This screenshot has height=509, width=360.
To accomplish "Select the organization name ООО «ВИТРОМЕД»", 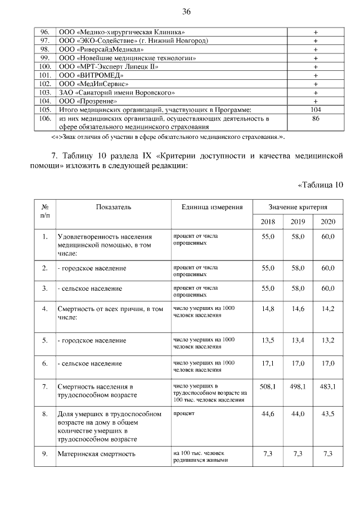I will click(91, 75).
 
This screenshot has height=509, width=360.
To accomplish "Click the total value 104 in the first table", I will click(316, 110).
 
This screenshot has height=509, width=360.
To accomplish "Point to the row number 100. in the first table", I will click(46, 66).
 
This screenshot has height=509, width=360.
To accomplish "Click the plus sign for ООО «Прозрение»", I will click(316, 101).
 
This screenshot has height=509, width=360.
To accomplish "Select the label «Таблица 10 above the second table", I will click(319, 184).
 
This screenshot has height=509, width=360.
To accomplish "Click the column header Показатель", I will click(114, 207).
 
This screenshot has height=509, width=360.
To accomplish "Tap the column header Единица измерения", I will click(212, 207).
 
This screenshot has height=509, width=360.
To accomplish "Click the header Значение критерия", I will click(298, 207).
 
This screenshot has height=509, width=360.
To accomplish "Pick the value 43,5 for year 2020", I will click(327, 414).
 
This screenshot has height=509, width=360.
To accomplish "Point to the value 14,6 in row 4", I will click(298, 308).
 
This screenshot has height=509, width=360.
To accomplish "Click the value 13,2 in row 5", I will click(327, 340).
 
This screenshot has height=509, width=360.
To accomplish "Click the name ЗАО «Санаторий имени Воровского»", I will click(116, 92).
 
